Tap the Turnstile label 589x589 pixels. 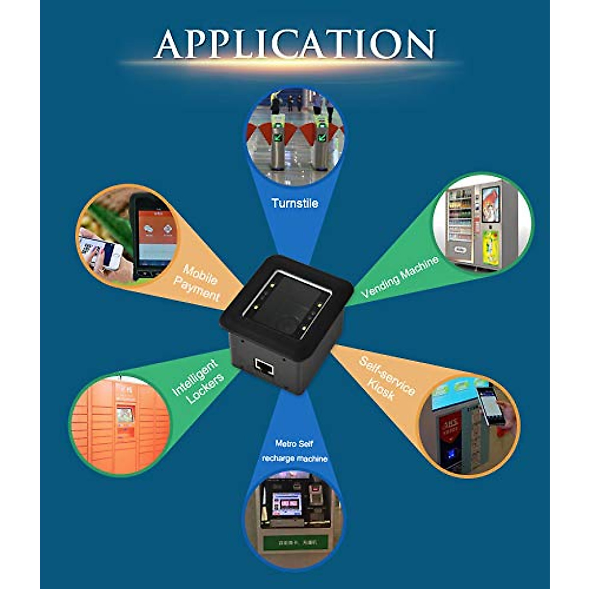tap(294, 203)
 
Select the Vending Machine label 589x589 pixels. tap(400, 277)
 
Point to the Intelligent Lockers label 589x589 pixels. tap(197, 382)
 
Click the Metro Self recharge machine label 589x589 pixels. tap(294, 451)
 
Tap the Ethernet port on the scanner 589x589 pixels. tap(265, 366)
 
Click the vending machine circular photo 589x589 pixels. tap(482, 223)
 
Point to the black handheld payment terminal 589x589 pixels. tap(154, 236)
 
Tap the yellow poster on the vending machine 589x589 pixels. tap(490, 248)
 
